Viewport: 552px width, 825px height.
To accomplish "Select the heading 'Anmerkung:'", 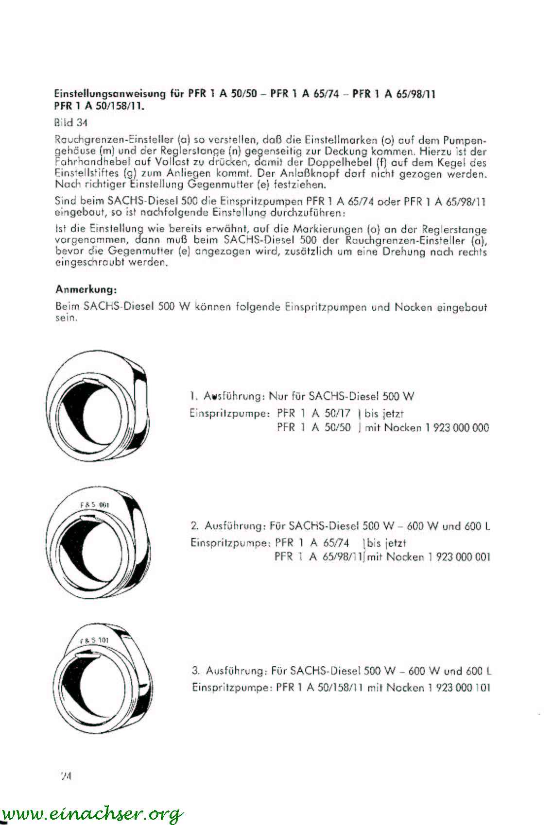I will (86, 290).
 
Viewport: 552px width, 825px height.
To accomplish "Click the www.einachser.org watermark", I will (92, 813).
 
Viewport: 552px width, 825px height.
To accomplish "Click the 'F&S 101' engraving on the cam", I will (94, 640).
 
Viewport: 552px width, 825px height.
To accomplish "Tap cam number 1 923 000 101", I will (459, 688).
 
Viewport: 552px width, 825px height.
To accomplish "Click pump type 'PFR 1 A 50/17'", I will (313, 414).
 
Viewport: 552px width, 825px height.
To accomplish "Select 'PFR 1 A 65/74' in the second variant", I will (311, 542).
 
